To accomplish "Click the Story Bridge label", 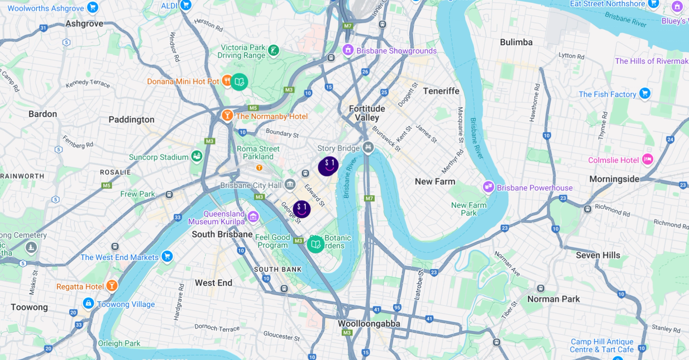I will [x=338, y=148].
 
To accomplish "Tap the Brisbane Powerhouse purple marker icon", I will [x=489, y=187].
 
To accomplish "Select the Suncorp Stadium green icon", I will [x=197, y=157].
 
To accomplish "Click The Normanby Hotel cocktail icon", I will [x=227, y=116].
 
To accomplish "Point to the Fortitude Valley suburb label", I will [x=367, y=113].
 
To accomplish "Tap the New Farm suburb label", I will [x=435, y=181].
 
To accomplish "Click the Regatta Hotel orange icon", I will [x=112, y=286].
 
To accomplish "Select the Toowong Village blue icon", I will [x=88, y=304].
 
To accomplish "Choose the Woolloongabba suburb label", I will [x=369, y=323].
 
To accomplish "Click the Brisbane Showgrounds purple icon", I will [x=348, y=50].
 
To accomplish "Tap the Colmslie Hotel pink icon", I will [x=647, y=160].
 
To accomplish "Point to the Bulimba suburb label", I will [x=516, y=42].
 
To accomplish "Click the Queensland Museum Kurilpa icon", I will [x=253, y=216].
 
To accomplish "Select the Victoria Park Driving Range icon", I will [x=273, y=51].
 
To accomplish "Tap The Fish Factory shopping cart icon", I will [x=645, y=93].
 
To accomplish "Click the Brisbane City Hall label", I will [x=251, y=185].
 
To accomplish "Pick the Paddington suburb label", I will [x=131, y=119].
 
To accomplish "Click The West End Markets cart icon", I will [x=166, y=256].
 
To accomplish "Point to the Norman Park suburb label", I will [x=553, y=299].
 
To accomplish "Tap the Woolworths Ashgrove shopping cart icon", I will [x=93, y=7].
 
